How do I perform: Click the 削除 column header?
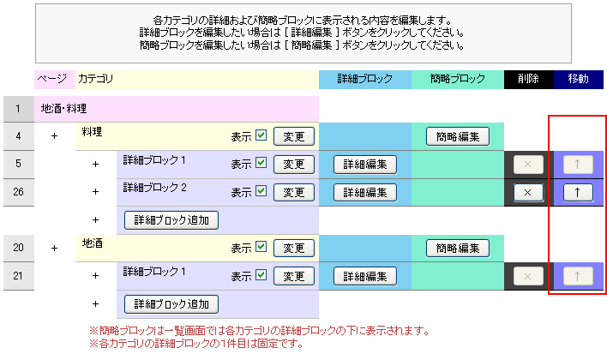point(528,79)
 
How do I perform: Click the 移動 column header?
point(579,79)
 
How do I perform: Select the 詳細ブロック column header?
point(365,79)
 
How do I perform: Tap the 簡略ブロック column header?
point(458,79)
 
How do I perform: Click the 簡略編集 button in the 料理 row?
point(458,136)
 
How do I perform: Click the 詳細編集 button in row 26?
point(365,192)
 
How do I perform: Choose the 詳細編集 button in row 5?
point(365,165)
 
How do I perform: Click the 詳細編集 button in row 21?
point(365,276)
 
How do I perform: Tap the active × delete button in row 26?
point(528,192)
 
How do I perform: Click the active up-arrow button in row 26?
point(578,192)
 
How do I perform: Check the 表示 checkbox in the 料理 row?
point(261,135)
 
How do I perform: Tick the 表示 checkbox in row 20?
point(261,247)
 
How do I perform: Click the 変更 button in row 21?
point(294,276)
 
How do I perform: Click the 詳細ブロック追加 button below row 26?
point(171,220)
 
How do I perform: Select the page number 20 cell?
point(19,248)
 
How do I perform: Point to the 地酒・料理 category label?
point(64,109)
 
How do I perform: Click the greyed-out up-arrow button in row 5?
point(578,165)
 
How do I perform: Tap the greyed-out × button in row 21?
point(528,276)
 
